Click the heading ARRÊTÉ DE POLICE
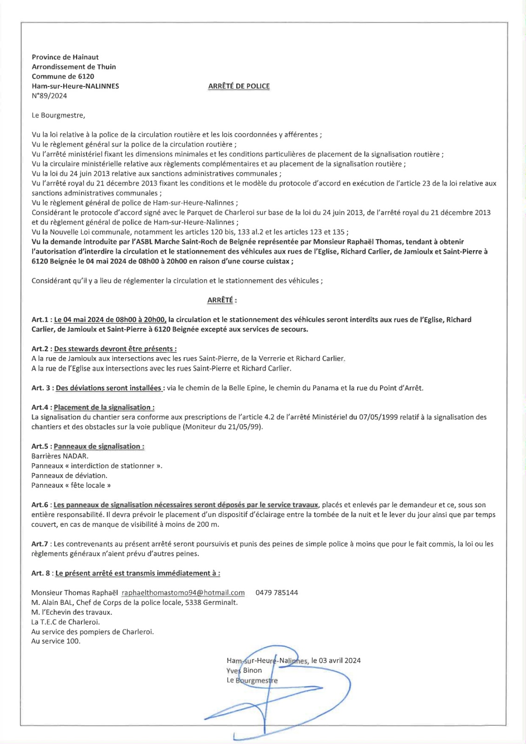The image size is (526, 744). pyautogui.click(x=239, y=86)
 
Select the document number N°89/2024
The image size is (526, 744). pyautogui.click(x=49, y=96)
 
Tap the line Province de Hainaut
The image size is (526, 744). pyautogui.click(x=65, y=57)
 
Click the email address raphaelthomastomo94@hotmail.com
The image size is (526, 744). pyautogui.click(x=183, y=592)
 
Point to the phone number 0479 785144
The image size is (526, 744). pyautogui.click(x=277, y=592)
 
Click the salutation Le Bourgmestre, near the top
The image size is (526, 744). pyautogui.click(x=58, y=115)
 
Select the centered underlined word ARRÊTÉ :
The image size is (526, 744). pyautogui.click(x=222, y=300)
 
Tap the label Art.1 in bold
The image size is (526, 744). pyautogui.click(x=41, y=320)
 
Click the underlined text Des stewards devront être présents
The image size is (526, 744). pyautogui.click(x=115, y=349)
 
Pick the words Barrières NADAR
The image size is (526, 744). pyautogui.click(x=60, y=456)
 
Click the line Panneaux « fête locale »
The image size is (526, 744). pyautogui.click(x=71, y=485)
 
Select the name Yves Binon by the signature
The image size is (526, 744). pyautogui.click(x=244, y=671)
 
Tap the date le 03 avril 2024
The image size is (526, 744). pyautogui.click(x=336, y=660)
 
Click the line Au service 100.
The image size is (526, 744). pyautogui.click(x=56, y=641)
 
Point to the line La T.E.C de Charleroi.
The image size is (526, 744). pyautogui.click(x=66, y=622)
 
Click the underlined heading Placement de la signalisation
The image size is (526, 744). pyautogui.click(x=104, y=407)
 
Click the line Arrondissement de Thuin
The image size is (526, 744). pyautogui.click(x=74, y=67)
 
